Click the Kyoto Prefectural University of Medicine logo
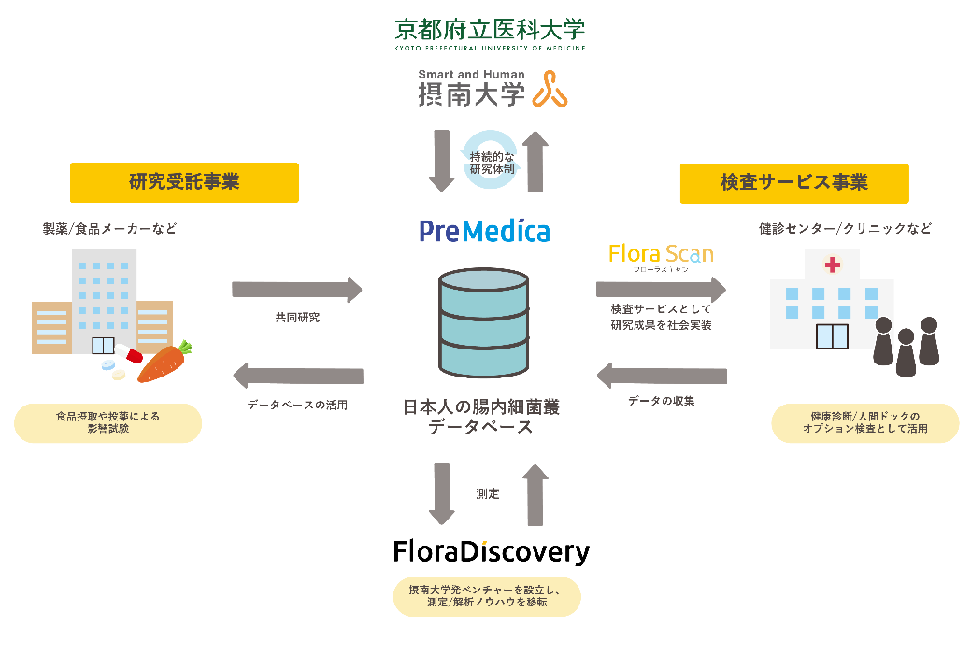click(490, 34)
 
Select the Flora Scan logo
click(660, 254)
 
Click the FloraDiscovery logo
click(491, 551)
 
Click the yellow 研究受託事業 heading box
click(184, 182)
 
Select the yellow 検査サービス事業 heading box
click(793, 183)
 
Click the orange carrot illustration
click(165, 363)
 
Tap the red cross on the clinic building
click(829, 266)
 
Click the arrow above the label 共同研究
click(297, 290)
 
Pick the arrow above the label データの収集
click(662, 376)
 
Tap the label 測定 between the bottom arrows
click(488, 493)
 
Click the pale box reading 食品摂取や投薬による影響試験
click(107, 422)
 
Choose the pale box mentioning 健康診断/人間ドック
click(864, 422)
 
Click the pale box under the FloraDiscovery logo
click(486, 596)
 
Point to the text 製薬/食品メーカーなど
click(109, 228)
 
